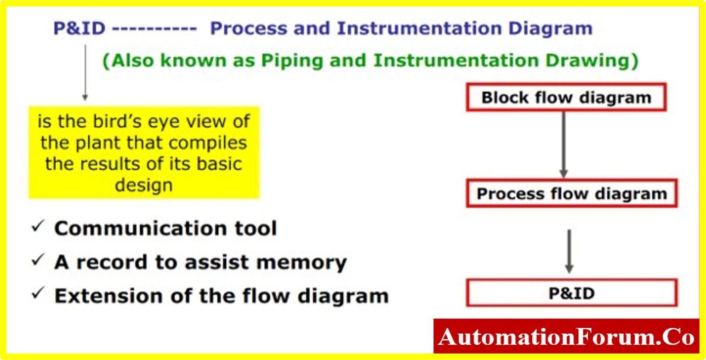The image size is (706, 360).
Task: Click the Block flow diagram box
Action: pos(566,97)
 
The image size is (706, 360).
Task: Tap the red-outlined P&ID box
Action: pos(571,293)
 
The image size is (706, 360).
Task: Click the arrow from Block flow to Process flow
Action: pos(564,145)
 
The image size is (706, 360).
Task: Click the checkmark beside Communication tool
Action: pos(37,227)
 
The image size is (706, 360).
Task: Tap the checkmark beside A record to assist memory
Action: pos(37,260)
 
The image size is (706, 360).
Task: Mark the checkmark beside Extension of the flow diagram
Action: pos(37,294)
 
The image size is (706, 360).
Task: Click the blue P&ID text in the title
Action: pos(79,29)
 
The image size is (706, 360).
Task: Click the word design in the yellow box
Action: pos(144,185)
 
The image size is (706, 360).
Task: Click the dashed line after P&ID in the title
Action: pos(154,29)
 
